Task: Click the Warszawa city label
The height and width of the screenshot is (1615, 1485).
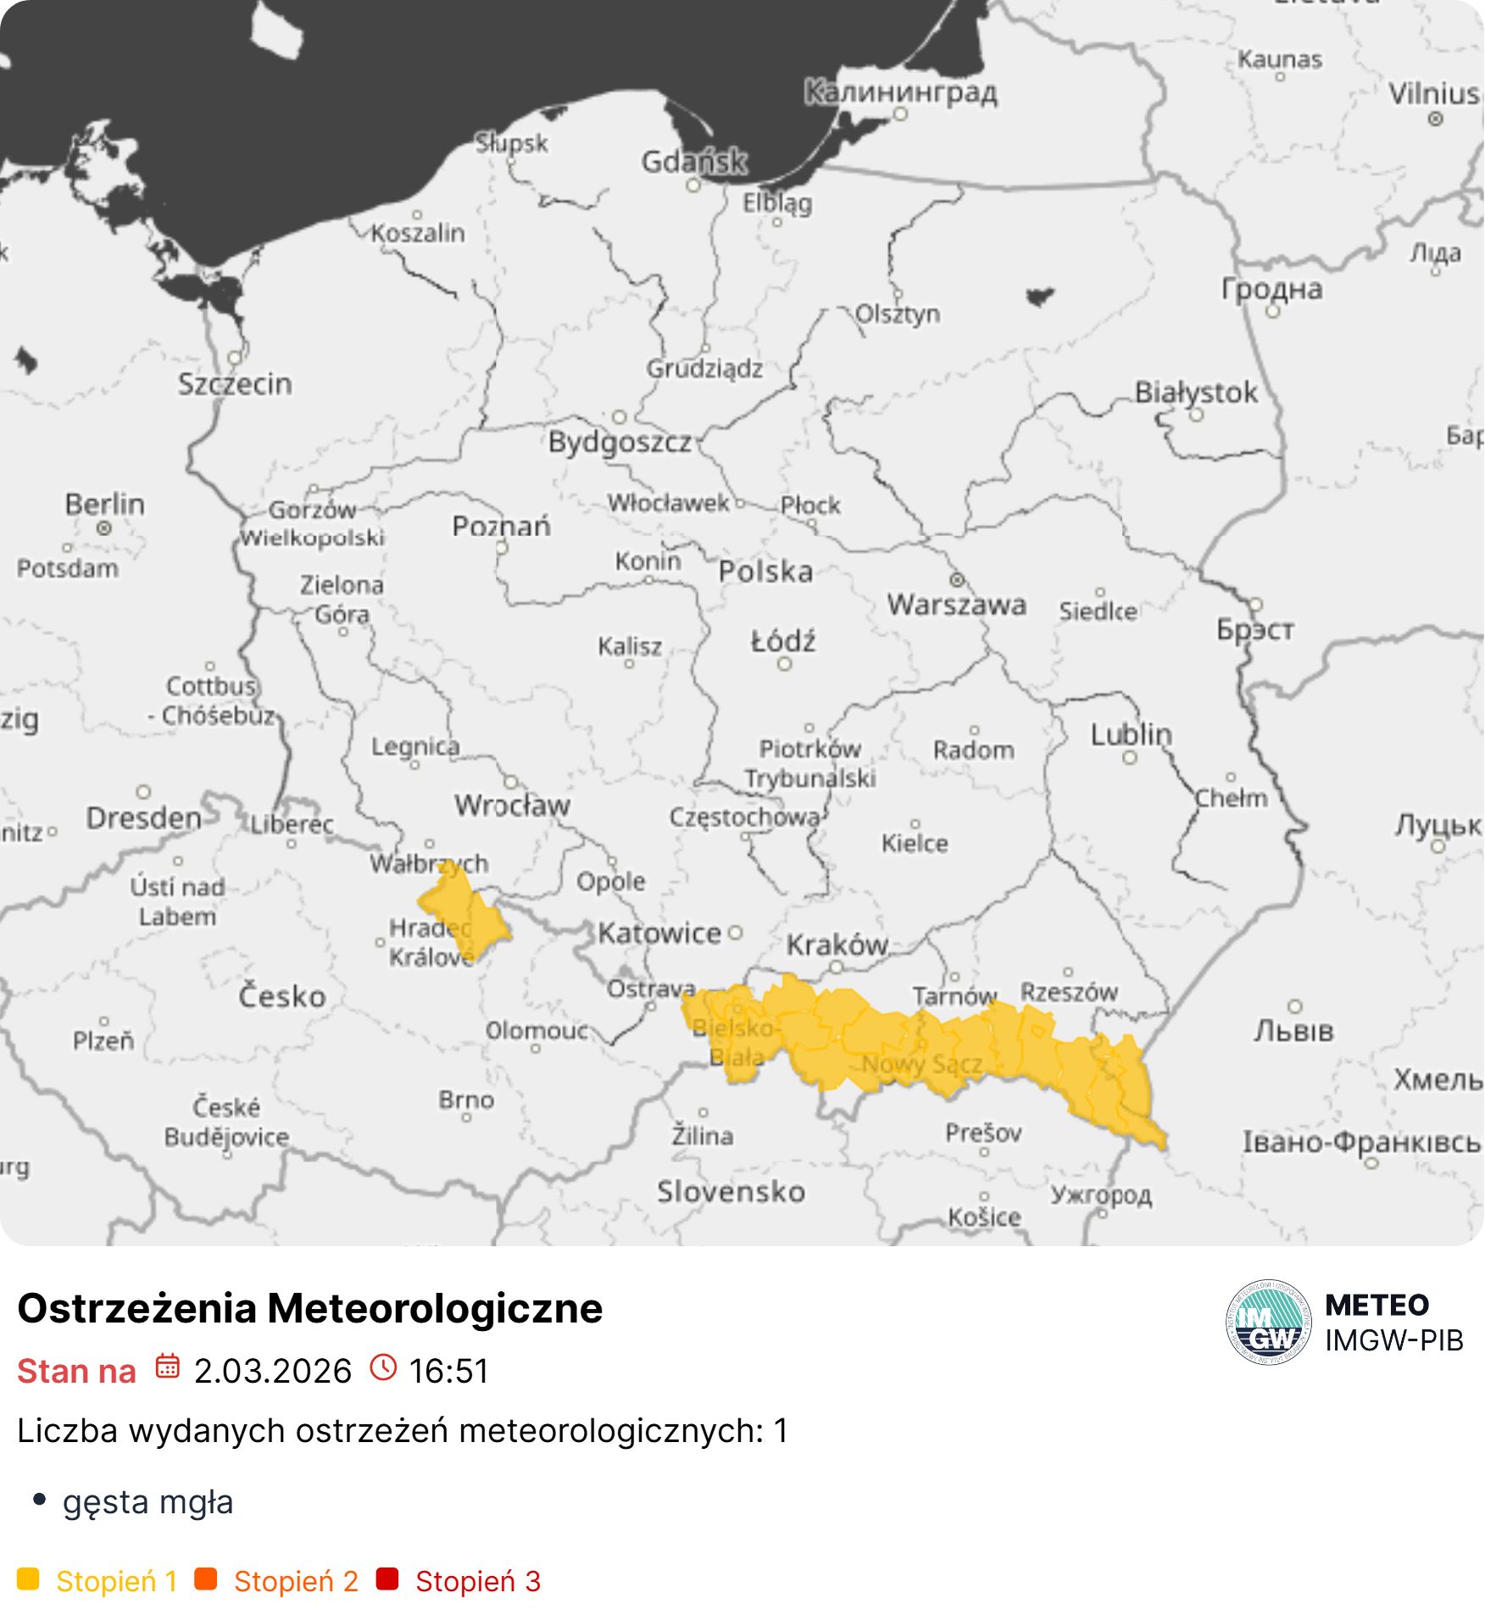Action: coord(956,604)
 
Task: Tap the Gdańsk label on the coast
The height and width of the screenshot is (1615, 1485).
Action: coord(694,161)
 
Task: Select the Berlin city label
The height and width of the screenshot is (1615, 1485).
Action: coord(105,504)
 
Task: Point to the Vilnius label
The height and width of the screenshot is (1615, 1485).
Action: coord(1434,93)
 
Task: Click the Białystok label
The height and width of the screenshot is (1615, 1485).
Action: coord(1195,393)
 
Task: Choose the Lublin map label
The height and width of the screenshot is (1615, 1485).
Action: coord(1131,734)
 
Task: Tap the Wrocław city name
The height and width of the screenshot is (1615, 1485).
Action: coord(512,805)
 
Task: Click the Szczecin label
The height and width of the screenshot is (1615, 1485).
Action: coord(235,384)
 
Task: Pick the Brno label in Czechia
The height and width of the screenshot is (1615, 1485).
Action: coord(466,1100)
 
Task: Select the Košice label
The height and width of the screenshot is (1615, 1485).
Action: coord(984,1217)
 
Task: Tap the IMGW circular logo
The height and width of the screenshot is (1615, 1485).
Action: coord(1268,1322)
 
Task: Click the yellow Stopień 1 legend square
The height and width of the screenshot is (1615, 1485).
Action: coord(28,1579)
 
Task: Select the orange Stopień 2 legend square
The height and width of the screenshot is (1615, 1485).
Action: coord(206,1579)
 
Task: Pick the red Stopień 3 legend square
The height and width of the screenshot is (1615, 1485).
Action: coord(387,1579)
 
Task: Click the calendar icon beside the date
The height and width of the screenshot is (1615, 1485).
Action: coord(167,1367)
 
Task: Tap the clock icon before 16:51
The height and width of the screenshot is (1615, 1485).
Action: coord(383,1367)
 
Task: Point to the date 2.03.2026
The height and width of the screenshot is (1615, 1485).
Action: coord(272,1371)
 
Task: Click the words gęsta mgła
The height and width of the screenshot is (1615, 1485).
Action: coord(147,1501)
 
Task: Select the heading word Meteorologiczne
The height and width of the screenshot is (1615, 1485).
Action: coord(435,1307)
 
